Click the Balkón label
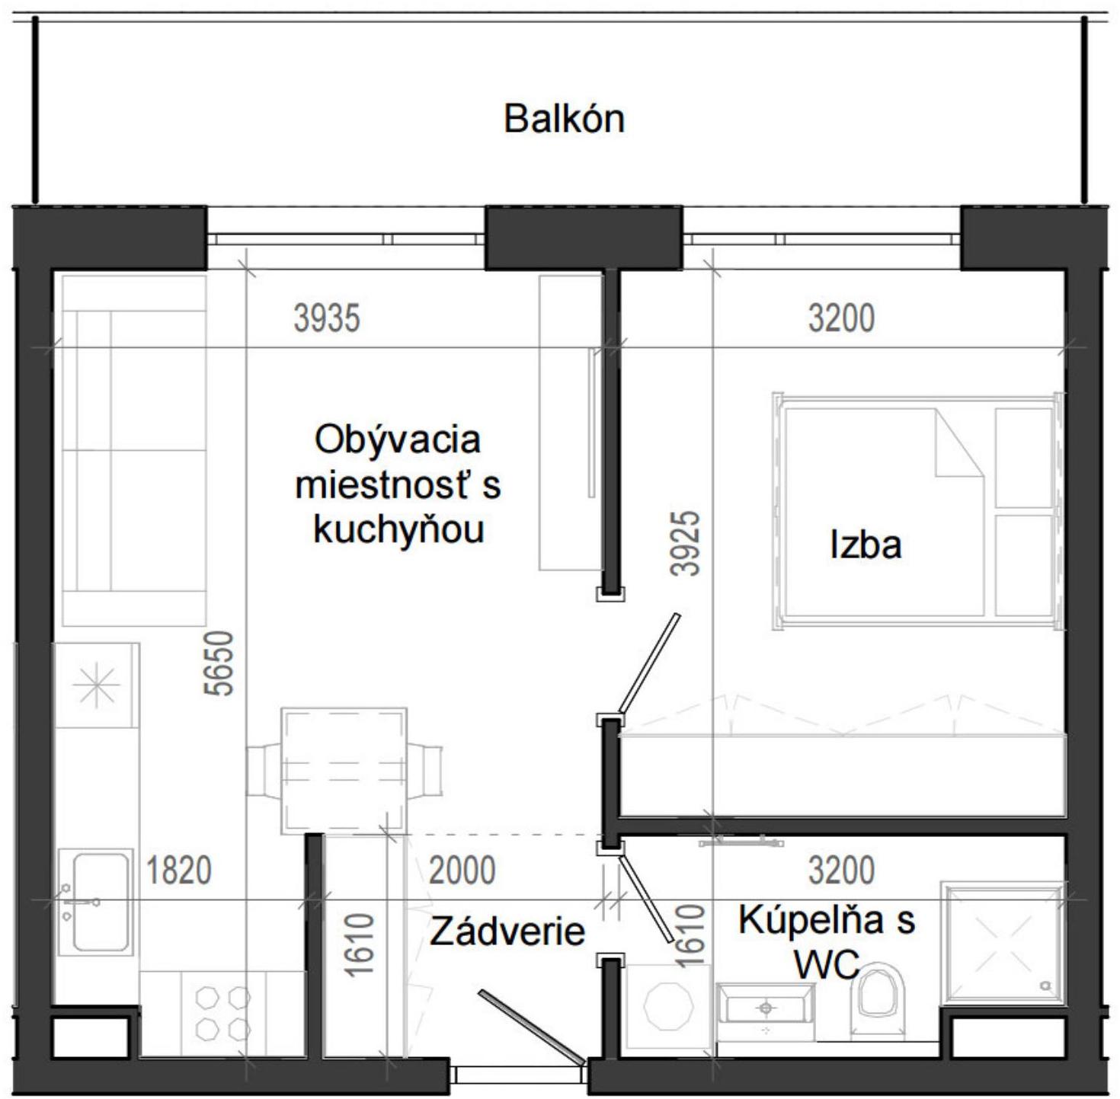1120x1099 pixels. click(564, 120)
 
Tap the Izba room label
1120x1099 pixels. click(866, 545)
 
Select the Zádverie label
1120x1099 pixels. click(507, 931)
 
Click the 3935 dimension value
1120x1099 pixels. click(326, 318)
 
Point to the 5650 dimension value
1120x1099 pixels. click(219, 663)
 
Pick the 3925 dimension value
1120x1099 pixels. click(685, 542)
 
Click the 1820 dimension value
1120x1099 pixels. click(178, 870)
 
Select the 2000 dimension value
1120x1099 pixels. click(462, 870)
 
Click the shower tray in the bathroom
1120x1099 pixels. click(1002, 944)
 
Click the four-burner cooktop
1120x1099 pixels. click(223, 1014)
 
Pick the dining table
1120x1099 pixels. click(344, 770)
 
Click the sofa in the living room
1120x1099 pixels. click(134, 449)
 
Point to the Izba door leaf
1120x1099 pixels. click(648, 663)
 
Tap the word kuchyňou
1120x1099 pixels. click(398, 530)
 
